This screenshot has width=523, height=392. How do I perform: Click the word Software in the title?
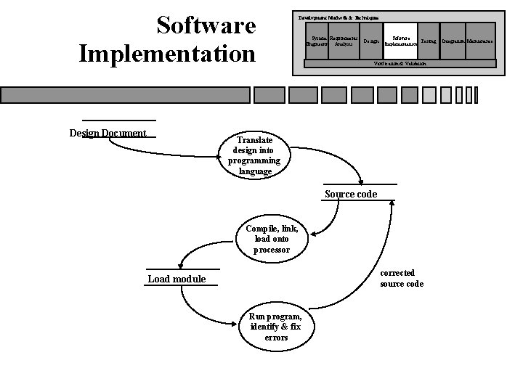(x=206, y=25)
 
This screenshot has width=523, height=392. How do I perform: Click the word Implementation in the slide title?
(x=167, y=54)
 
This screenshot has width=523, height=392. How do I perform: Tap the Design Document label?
(x=108, y=133)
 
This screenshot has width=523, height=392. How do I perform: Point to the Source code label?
(x=351, y=194)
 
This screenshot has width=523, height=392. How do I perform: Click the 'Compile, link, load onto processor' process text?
(x=272, y=238)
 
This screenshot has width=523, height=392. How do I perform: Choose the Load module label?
(x=177, y=279)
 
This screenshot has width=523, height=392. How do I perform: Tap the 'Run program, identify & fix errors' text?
(x=271, y=326)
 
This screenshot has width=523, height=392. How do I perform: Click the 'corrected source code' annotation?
(x=402, y=278)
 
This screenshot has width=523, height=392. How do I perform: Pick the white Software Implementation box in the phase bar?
(x=400, y=41)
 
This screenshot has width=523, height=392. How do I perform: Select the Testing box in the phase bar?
(x=428, y=41)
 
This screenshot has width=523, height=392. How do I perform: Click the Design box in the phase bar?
(x=370, y=41)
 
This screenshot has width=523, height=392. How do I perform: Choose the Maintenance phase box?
(x=479, y=41)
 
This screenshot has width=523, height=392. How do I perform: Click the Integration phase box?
(x=453, y=41)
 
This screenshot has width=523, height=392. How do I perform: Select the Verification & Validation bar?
(x=400, y=64)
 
